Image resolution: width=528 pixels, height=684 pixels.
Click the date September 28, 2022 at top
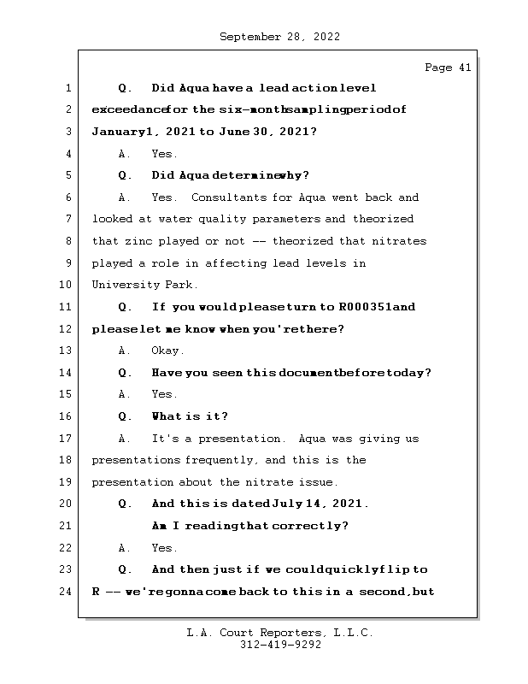click(279, 37)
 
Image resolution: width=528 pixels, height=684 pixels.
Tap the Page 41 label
click(448, 68)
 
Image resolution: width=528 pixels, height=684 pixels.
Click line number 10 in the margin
click(67, 285)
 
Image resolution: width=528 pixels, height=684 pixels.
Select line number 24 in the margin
click(67, 591)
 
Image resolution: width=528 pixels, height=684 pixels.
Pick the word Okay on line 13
click(167, 351)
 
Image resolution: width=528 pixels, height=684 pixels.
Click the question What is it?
click(190, 416)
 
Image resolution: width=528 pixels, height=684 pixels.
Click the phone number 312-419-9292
click(279, 646)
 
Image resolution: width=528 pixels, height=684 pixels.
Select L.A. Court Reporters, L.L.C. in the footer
click(279, 634)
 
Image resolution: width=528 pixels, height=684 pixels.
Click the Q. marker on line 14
click(125, 373)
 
